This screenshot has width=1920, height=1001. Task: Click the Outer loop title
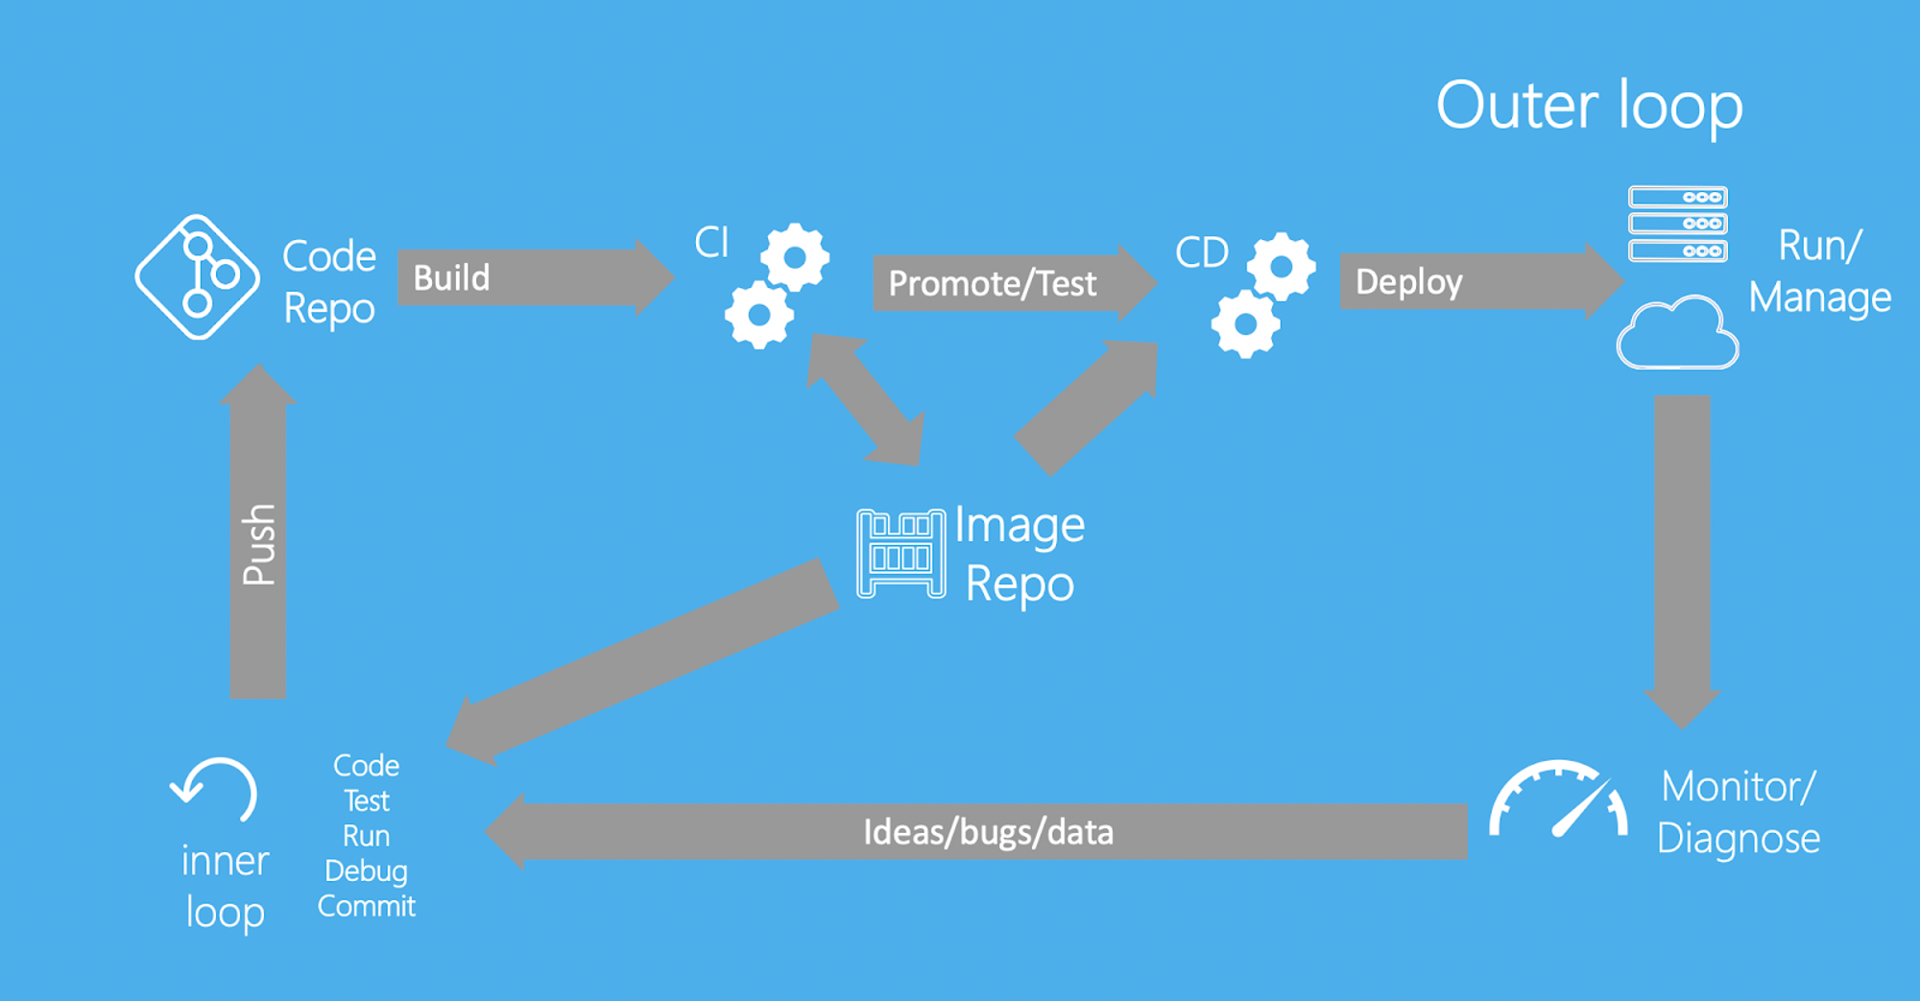[1589, 107]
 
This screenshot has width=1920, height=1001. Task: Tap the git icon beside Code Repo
[198, 276]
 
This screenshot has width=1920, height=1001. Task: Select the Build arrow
[536, 277]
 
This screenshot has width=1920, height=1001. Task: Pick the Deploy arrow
[1481, 281]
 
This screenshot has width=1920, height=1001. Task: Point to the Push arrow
[258, 531]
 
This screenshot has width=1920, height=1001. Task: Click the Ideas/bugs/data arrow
[976, 831]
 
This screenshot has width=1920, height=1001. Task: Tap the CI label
[711, 242]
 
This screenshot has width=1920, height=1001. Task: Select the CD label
[1202, 252]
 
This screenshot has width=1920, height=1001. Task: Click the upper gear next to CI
[795, 257]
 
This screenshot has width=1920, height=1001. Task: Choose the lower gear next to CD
[1245, 323]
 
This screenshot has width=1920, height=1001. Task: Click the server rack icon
[1678, 224]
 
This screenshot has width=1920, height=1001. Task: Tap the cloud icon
[1677, 332]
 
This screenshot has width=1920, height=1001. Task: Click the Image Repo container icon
[900, 554]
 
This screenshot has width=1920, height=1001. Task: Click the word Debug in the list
[366, 871]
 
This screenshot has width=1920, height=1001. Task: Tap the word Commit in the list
[367, 906]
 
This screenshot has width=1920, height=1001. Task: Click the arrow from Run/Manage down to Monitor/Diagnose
[1682, 562]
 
